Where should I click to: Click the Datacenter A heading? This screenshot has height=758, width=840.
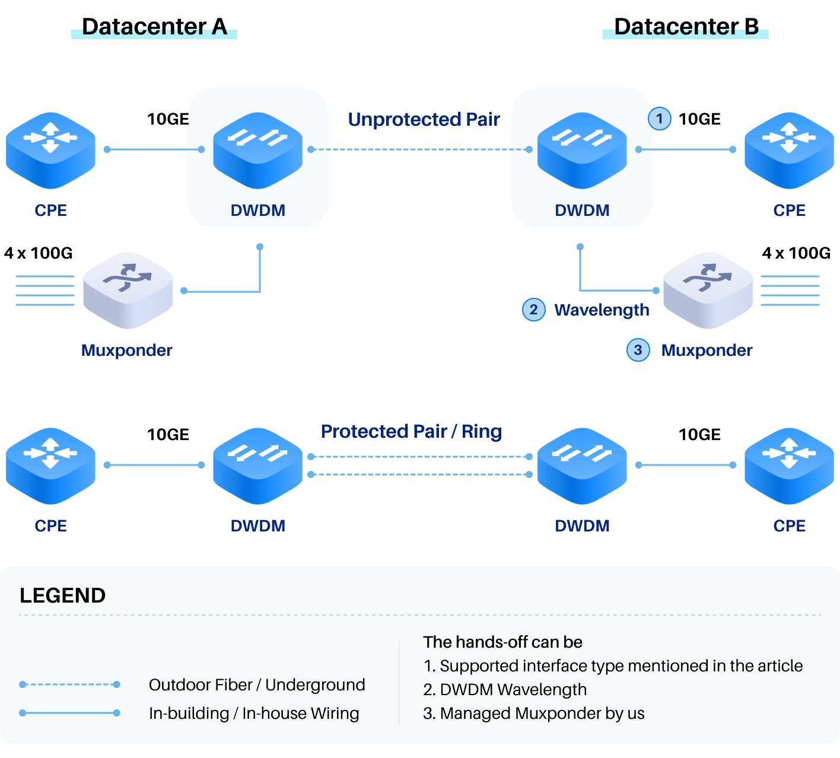[154, 27]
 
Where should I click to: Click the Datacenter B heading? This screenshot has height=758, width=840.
[686, 27]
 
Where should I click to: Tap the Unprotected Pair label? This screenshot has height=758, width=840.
[424, 119]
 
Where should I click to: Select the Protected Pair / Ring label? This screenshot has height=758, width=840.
[411, 431]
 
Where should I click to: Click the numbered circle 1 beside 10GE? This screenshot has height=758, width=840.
[659, 119]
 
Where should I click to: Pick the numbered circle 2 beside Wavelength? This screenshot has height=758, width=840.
[533, 310]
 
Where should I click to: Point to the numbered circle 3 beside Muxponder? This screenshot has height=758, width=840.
[638, 350]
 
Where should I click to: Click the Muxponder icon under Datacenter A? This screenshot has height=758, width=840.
[128, 290]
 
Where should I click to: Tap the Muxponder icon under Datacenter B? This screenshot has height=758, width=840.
[708, 290]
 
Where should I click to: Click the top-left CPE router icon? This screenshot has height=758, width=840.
[50, 150]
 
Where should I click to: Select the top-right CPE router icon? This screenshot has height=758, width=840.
[789, 150]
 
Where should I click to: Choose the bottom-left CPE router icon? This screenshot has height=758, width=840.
[50, 466]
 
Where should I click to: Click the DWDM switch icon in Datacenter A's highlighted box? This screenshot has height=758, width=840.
[257, 150]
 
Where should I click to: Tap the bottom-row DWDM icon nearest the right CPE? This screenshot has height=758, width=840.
[582, 466]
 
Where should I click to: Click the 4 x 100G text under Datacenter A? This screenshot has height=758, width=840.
[39, 253]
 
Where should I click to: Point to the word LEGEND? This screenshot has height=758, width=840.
[62, 595]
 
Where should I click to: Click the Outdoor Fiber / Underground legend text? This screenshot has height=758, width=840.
[257, 685]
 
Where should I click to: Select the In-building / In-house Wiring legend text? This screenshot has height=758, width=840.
[254, 713]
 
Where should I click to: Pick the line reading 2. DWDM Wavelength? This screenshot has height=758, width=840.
[505, 690]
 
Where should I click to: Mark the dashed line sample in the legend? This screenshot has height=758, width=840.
[70, 684]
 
